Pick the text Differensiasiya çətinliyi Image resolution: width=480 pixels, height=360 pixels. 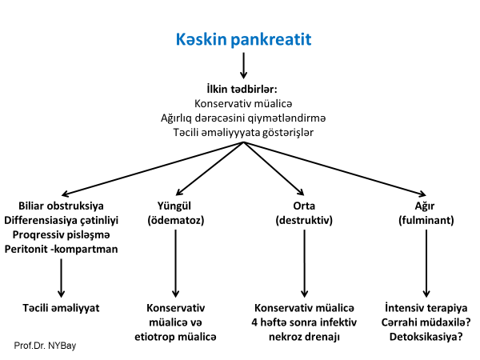pos(61,220)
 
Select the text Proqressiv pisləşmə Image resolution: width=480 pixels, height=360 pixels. pos(61,234)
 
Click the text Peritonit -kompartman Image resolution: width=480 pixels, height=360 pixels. pos(61,249)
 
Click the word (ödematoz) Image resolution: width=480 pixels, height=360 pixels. pos(176,220)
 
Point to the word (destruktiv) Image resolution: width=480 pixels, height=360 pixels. pos(304,220)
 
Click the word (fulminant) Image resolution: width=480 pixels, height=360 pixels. pos(426,220)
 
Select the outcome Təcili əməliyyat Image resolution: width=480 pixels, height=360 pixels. pos(61,308)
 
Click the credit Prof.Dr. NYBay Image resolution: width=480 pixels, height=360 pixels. pos(46,346)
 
